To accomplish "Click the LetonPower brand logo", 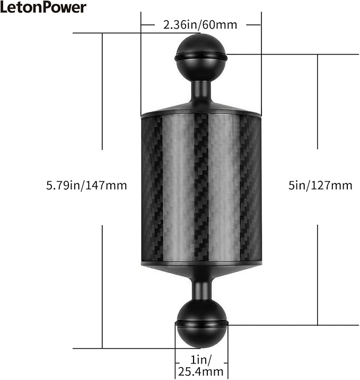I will pyautogui.click(x=43, y=8).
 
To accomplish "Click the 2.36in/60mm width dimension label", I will pyautogui.click(x=200, y=24).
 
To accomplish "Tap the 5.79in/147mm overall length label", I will pyautogui.click(x=86, y=185).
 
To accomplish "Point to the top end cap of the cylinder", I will pyautogui.click(x=201, y=111).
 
